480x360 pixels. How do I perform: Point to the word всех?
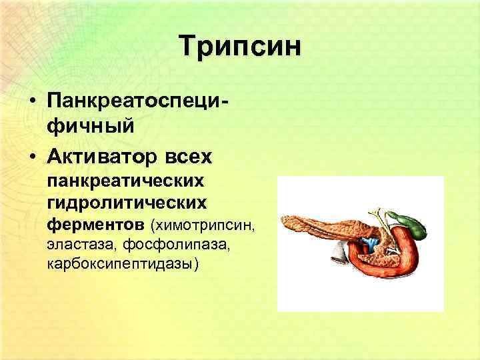[x=187, y=157]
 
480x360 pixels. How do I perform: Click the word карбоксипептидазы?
[x=121, y=264]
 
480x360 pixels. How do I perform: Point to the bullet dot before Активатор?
[x=32, y=157]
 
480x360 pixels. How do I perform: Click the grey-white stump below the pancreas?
[x=339, y=252]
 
